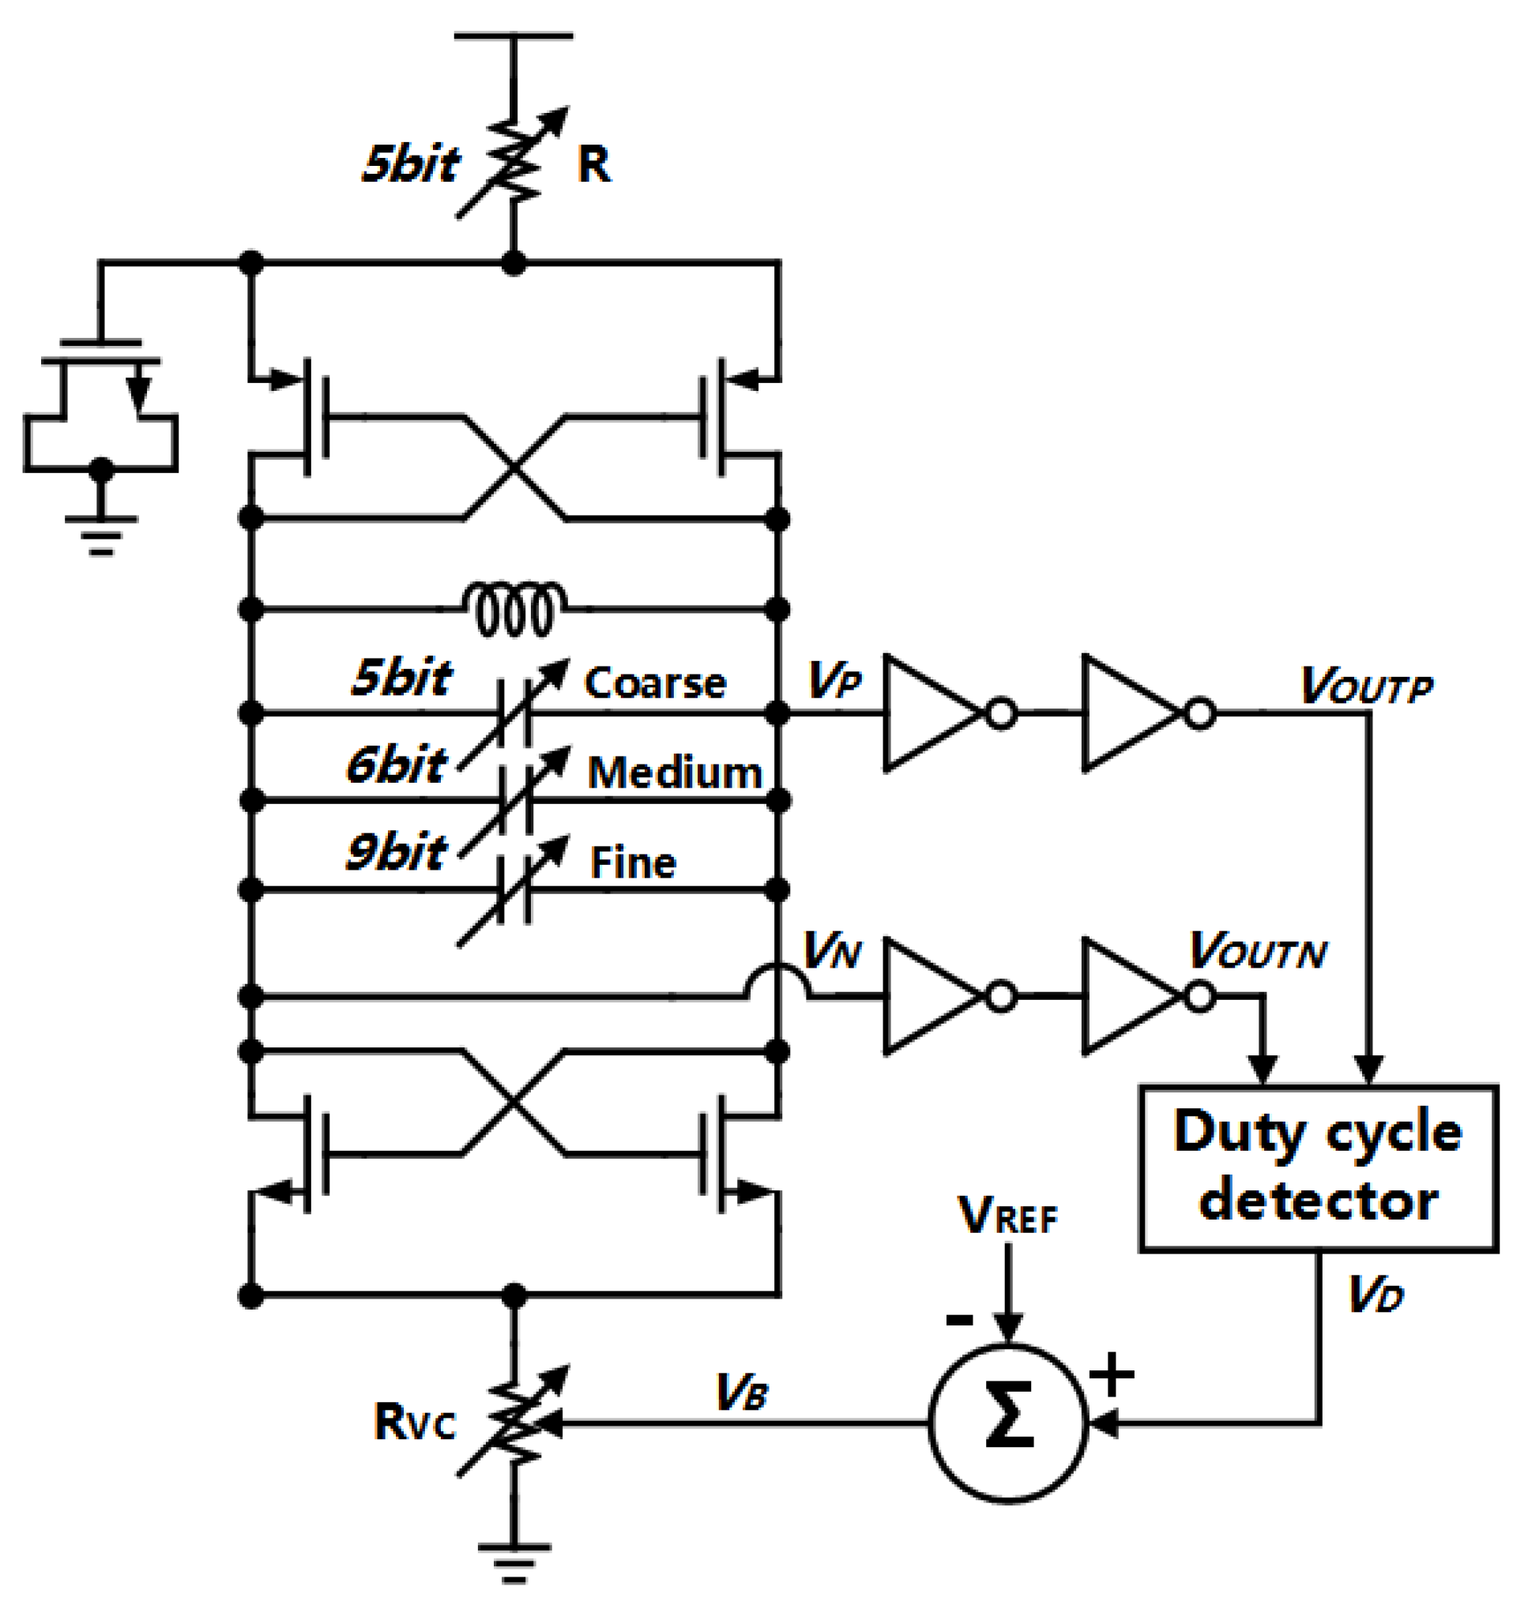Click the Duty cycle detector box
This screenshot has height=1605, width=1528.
1318,1167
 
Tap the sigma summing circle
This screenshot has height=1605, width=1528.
1008,1423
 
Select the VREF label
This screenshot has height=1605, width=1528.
1007,1216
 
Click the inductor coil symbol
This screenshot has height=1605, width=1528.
515,608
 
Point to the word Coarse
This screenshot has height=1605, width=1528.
655,682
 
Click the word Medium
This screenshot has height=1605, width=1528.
675,772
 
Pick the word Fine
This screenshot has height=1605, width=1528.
633,863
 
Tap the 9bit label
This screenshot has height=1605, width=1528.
397,851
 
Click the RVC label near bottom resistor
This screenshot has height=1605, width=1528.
415,1423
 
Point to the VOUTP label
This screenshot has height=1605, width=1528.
1366,686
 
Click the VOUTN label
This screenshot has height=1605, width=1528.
1258,950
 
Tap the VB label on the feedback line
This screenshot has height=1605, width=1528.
741,1392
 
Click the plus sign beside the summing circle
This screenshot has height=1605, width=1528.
1112,1374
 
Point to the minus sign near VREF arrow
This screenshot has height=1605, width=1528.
958,1320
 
